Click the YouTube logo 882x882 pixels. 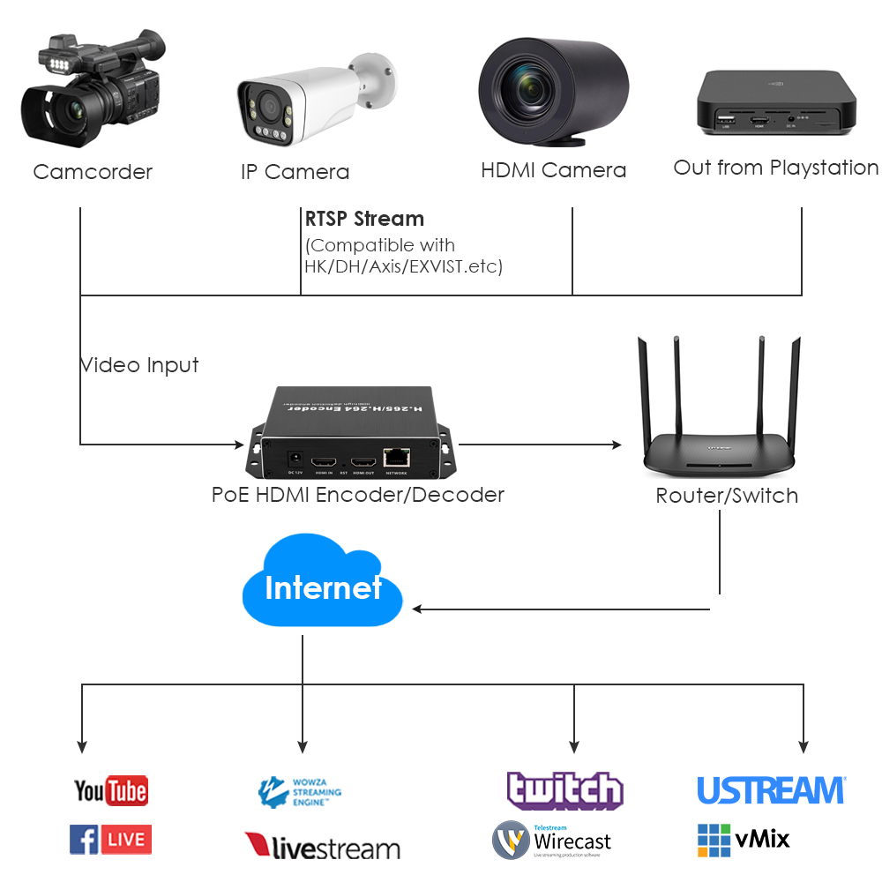[110, 790]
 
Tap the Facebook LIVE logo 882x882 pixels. [110, 840]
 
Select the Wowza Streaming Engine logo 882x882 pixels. [300, 792]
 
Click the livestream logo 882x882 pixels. [322, 848]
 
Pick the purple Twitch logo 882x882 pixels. [564, 790]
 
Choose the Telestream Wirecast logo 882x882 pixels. [551, 841]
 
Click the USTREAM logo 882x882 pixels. [771, 790]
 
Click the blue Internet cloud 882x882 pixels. [322, 587]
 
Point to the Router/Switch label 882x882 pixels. [727, 496]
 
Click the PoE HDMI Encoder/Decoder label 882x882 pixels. [357, 495]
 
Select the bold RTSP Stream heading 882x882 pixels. [364, 219]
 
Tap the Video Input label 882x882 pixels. [140, 365]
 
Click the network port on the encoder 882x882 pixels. [397, 457]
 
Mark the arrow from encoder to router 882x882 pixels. [538, 445]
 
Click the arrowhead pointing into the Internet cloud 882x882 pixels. [418, 609]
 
